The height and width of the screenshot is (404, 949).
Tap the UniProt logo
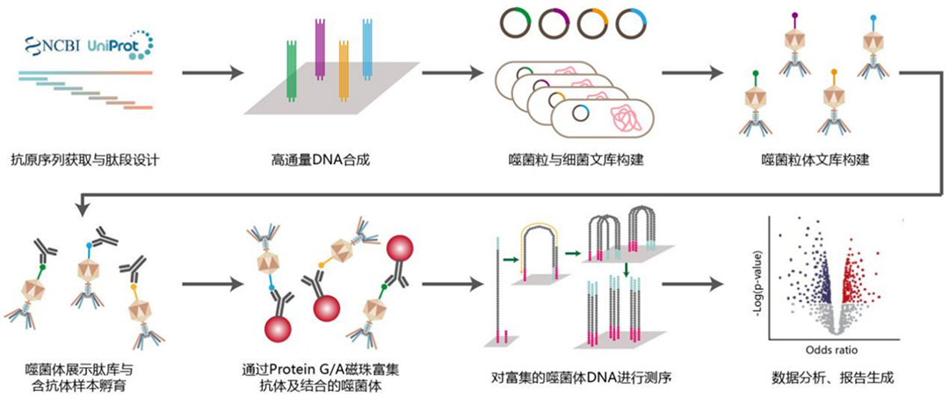[x=120, y=45]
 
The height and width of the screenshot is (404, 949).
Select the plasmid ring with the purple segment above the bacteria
[x=553, y=22]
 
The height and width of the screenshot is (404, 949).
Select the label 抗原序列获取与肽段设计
[x=84, y=161]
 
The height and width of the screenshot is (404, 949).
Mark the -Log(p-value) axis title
[x=758, y=264]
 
